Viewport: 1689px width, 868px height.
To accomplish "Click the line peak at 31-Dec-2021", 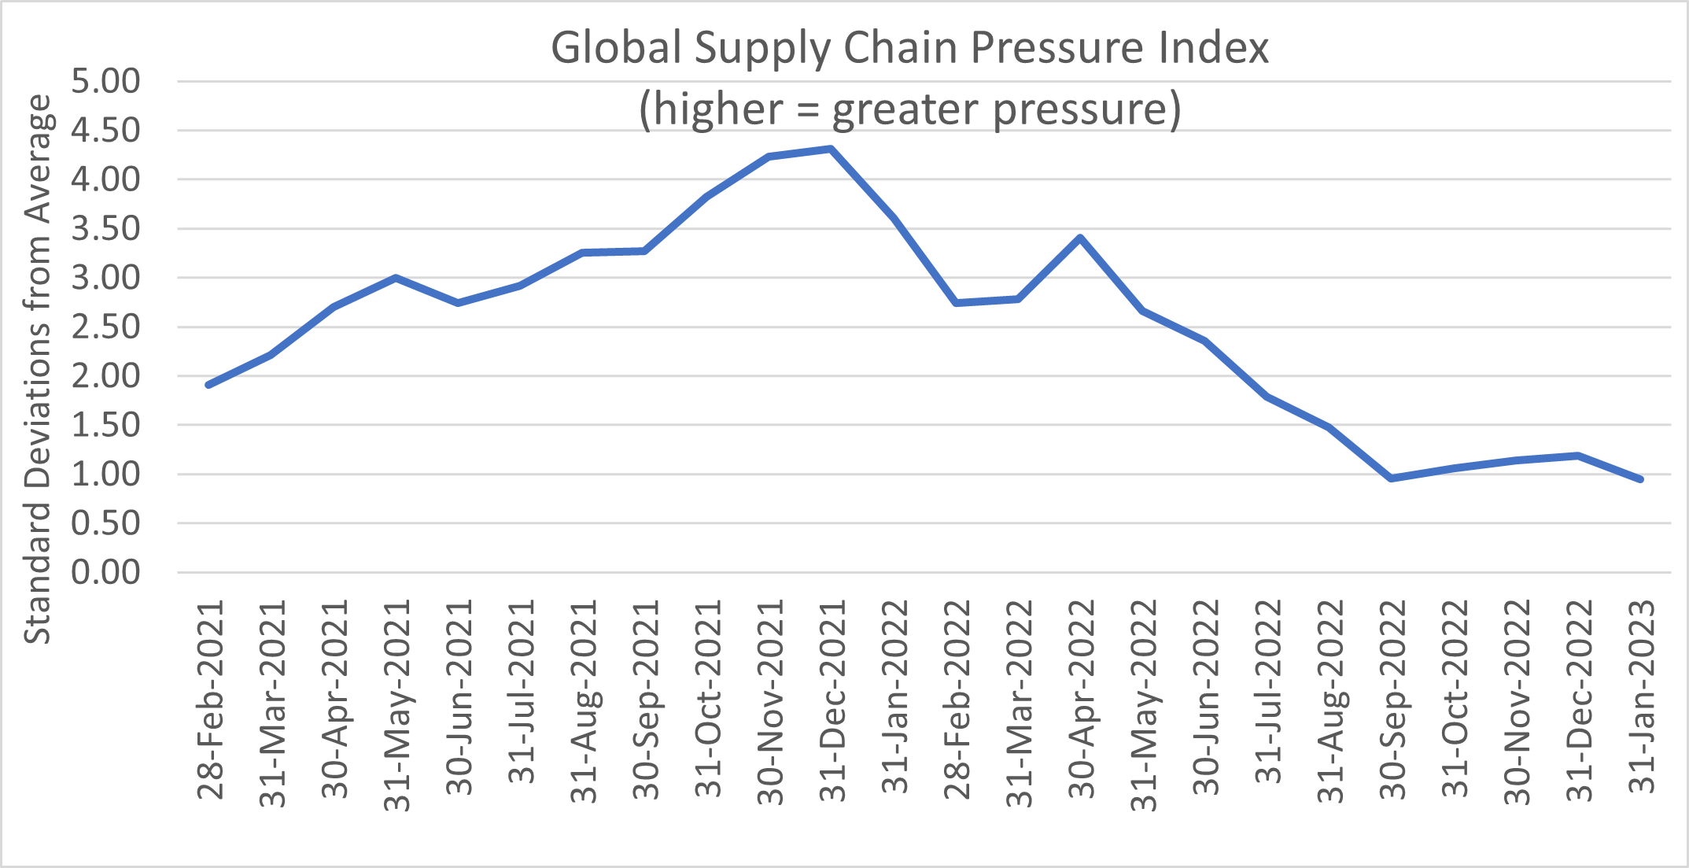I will coord(831,148).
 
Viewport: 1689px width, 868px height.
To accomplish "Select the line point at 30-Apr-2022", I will coord(1080,237).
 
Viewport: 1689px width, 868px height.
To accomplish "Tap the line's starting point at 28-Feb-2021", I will coord(208,385).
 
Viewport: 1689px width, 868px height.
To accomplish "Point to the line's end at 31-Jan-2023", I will coord(1640,479).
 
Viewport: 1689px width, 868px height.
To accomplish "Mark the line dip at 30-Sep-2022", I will coord(1392,478).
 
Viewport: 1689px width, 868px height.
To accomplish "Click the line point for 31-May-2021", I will coord(395,277).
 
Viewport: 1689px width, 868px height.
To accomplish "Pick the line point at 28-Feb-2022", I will coord(956,303).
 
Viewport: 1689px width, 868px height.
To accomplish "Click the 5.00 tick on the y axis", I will coord(105,81).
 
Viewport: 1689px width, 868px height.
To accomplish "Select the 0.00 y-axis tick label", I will coord(105,572).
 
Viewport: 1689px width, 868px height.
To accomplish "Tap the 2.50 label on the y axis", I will coord(105,327).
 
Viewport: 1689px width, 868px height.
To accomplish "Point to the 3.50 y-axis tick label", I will coord(105,229).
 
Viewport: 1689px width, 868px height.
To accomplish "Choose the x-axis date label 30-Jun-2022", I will coord(1205,699).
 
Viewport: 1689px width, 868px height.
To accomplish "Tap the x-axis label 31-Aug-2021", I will coord(584,700).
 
